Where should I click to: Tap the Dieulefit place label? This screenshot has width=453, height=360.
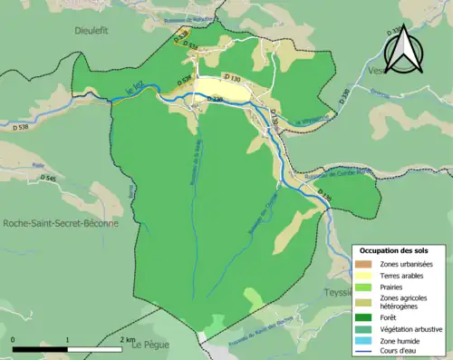click(98, 29)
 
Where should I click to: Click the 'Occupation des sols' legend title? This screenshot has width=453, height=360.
click(394, 249)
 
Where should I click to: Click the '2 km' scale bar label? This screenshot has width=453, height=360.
click(127, 339)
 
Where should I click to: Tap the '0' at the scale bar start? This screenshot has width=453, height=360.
click(13, 339)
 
